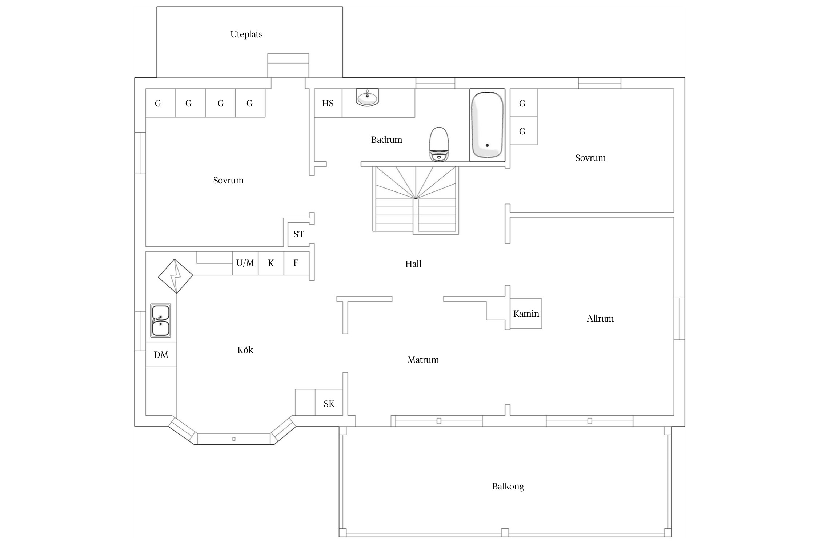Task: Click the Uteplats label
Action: coord(246,35)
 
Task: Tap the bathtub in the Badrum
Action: coord(487,125)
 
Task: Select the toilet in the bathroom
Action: coord(439,144)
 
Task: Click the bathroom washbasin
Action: coord(368,97)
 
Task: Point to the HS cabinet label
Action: coord(328,104)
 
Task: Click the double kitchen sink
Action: coord(161,320)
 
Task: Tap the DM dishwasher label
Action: coord(161,355)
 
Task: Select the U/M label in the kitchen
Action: coord(245,263)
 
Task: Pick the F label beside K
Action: coord(296,263)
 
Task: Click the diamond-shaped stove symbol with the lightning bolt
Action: coord(176,276)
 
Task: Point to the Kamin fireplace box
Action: coord(526,314)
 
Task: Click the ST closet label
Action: coord(299,234)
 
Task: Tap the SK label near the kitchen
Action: coord(329,404)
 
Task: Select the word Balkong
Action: coord(508,487)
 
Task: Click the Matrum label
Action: coord(423,360)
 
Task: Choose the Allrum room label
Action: coord(600,318)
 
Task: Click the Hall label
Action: coord(413,264)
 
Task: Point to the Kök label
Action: coord(245,350)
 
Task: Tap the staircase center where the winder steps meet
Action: coord(416,198)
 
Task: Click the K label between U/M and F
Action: coord(271,263)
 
